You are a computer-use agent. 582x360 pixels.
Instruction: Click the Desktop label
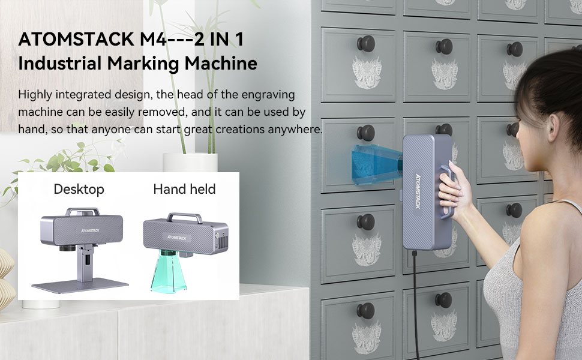tap(79, 190)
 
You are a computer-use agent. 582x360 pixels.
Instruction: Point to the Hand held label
tap(184, 190)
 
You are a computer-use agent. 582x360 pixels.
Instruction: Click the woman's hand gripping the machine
tap(452, 187)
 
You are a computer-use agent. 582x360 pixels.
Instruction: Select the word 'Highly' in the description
tap(35, 95)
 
